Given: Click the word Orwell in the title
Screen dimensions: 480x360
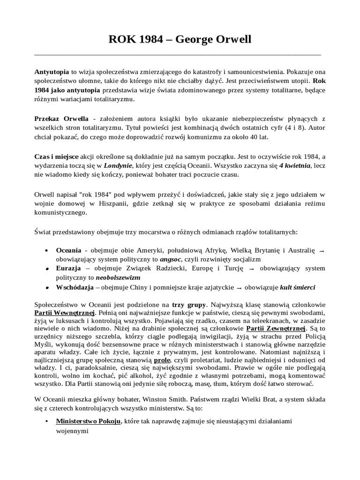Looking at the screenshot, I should [230, 39].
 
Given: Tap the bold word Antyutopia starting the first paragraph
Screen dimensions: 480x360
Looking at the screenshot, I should [52, 73].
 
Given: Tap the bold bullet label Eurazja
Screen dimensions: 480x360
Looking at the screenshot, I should [68, 269].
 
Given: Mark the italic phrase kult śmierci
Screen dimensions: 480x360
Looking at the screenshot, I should [298, 286].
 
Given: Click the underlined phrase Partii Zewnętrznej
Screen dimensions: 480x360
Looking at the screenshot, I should [276, 330].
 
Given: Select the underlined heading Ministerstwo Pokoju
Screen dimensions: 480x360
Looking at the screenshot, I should [88, 421].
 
